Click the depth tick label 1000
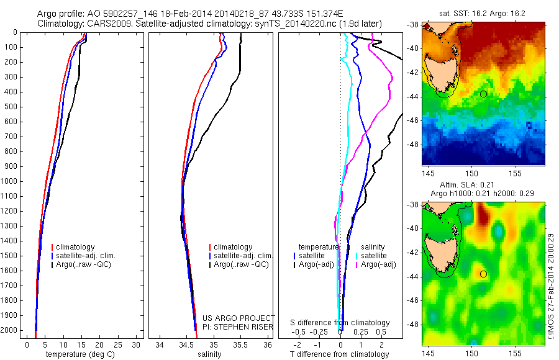tap(10, 181)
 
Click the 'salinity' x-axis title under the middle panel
tap(209, 354)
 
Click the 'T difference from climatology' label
tap(339, 354)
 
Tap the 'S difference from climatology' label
tap(340, 323)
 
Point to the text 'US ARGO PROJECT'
tap(239, 318)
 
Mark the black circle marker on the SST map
tap(483, 94)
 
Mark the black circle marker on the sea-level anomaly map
tap(483, 274)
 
